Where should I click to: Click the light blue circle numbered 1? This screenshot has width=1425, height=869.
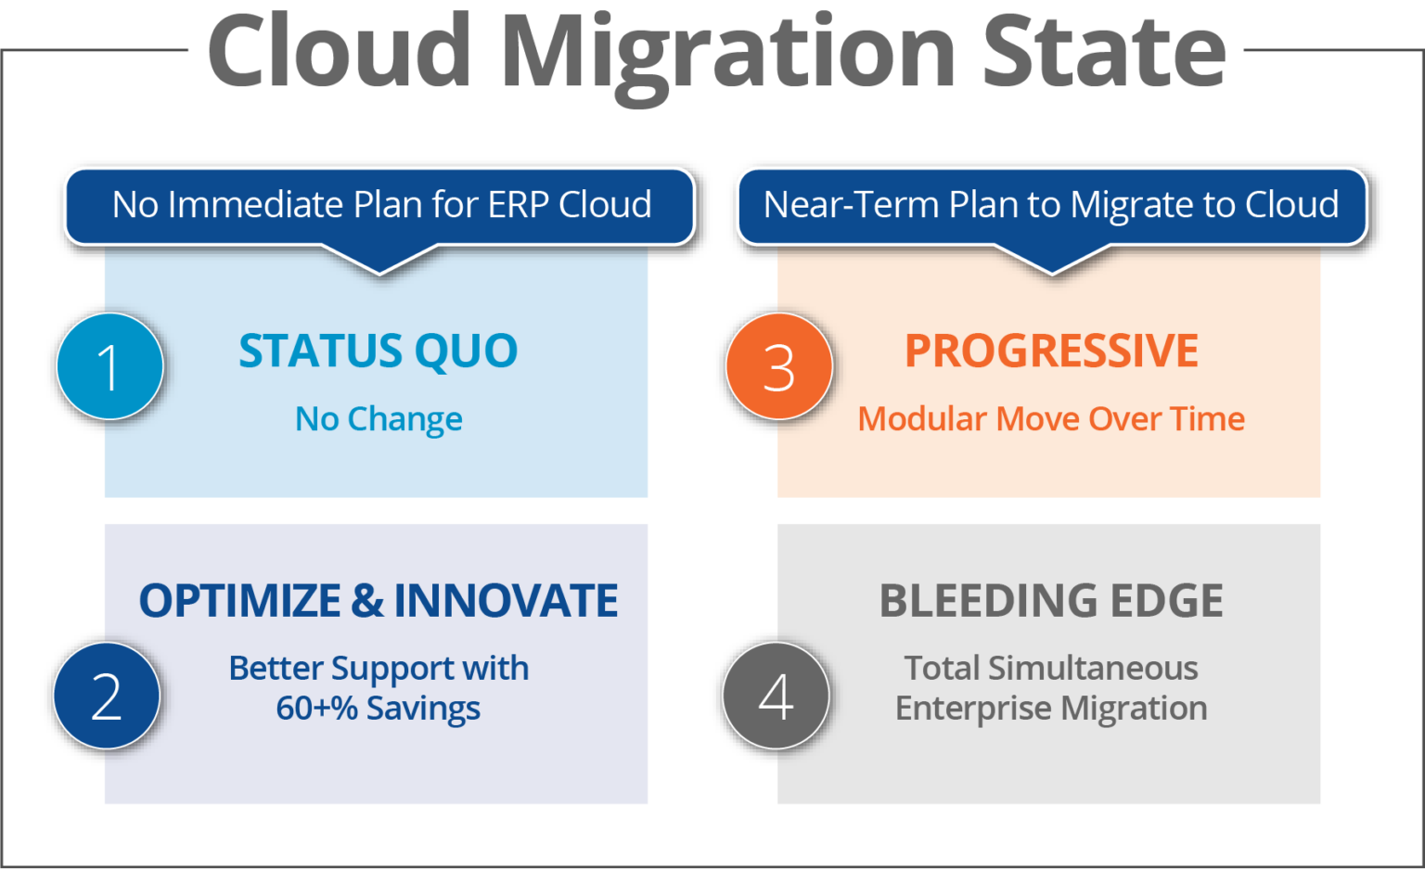click(109, 366)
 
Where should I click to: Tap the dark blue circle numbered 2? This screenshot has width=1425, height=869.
click(107, 696)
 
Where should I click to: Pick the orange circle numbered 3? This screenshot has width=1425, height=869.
click(778, 366)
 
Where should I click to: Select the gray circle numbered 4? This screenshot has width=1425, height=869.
click(776, 696)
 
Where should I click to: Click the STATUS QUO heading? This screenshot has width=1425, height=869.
click(379, 351)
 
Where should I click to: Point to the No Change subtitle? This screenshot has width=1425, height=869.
click(379, 419)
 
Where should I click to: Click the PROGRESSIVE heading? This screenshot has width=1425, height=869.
click(1051, 351)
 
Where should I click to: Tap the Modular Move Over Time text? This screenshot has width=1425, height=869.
click(1051, 419)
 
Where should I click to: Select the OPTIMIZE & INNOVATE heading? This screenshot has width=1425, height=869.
click(379, 601)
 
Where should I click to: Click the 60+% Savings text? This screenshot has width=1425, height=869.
click(379, 709)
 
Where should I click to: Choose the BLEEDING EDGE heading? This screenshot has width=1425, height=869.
click(1051, 601)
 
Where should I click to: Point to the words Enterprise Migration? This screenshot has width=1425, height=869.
click(1051, 709)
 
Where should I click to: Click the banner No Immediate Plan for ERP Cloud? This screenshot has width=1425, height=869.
click(380, 205)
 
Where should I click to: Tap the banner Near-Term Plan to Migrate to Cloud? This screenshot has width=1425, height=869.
click(1051, 205)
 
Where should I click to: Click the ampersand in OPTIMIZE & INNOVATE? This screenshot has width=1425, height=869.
click(367, 601)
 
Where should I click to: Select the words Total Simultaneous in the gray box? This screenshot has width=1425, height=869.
click(1051, 668)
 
